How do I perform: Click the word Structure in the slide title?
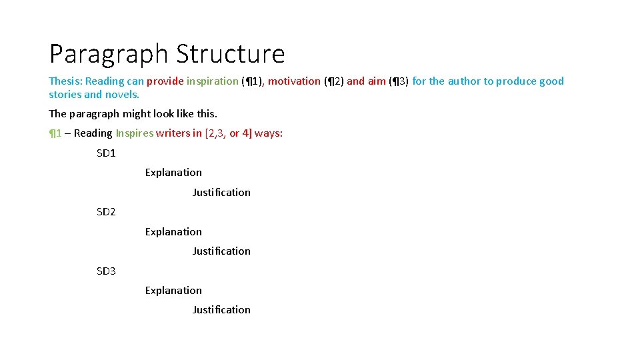228,53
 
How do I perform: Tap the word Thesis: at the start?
65,81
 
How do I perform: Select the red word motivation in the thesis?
294,81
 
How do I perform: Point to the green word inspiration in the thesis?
212,81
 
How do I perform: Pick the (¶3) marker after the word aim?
399,81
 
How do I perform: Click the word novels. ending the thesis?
122,95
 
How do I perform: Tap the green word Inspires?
134,133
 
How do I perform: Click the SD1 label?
106,153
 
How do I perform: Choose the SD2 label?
106,212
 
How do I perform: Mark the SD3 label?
106,271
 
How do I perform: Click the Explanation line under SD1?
173,173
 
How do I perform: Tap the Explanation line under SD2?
173,232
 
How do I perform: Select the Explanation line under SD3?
173,291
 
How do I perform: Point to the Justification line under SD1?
221,193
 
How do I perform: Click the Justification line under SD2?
221,251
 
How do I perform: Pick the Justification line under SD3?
221,310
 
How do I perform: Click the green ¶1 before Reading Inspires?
55,133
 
